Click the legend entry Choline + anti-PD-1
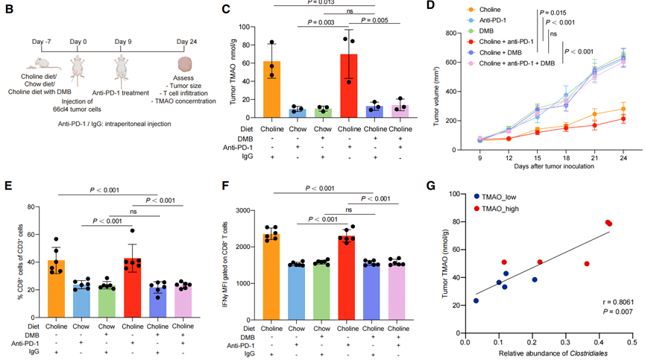pyautogui.click(x=495, y=43)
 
